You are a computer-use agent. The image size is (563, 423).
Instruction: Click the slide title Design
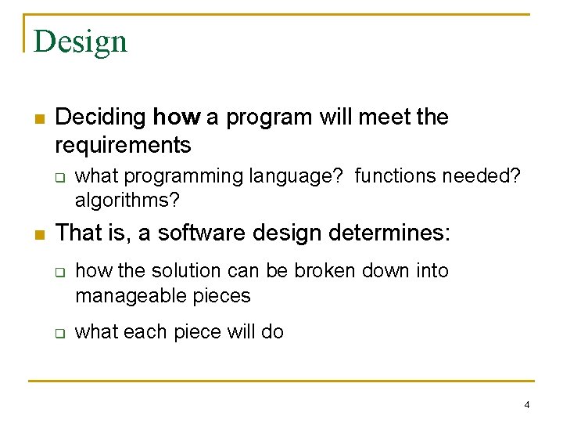pyautogui.click(x=81, y=41)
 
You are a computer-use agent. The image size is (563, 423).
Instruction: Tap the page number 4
pyautogui.click(x=526, y=405)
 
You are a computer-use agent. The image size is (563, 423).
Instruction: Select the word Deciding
pyautogui.click(x=101, y=117)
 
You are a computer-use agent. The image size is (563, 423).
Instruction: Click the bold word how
pyautogui.click(x=176, y=117)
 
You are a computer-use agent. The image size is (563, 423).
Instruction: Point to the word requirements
pyautogui.click(x=123, y=145)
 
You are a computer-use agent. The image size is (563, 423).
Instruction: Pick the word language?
pyautogui.click(x=298, y=176)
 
